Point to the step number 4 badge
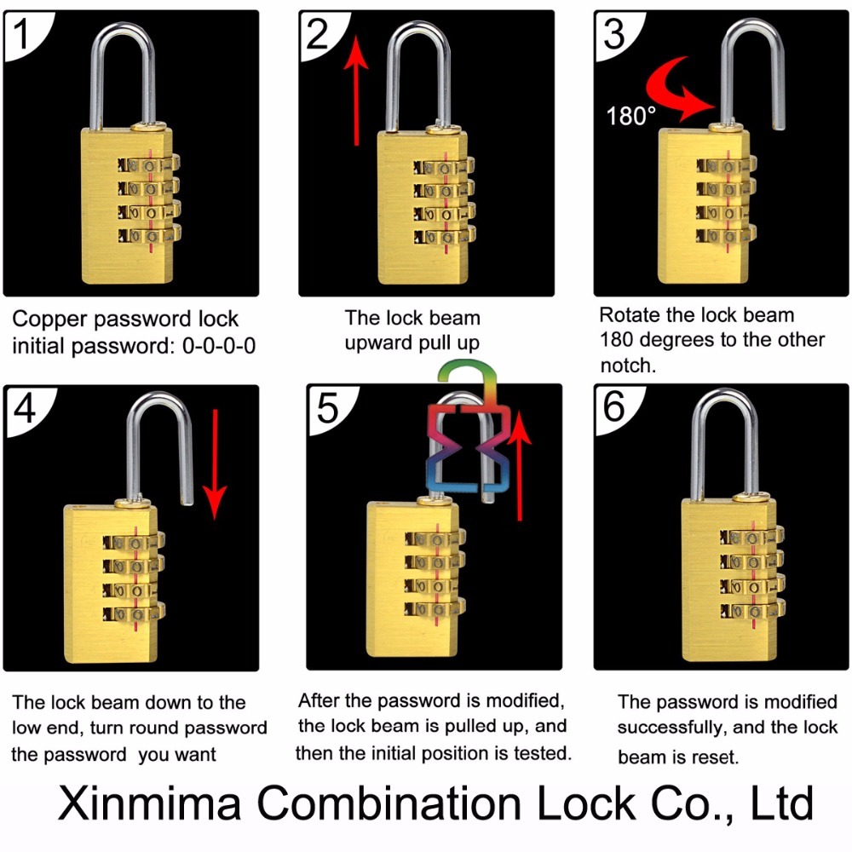coord(25,409)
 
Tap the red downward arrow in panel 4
coord(216,464)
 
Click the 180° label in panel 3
coord(630,116)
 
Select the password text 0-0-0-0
coord(219,346)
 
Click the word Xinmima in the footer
coord(149,803)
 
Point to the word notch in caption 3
coord(625,366)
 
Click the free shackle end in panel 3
coord(779,126)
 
